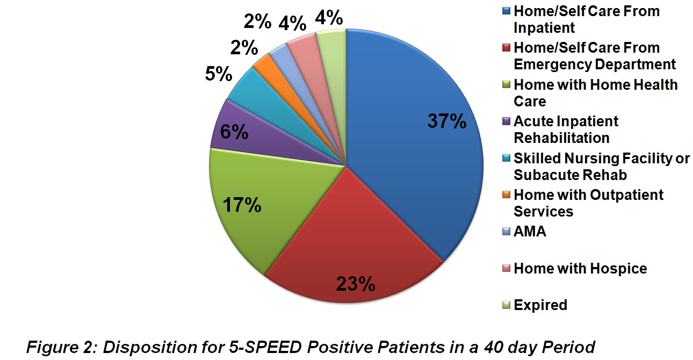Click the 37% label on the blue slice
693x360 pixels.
447,121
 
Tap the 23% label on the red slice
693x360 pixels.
356,284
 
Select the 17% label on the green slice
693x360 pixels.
242,205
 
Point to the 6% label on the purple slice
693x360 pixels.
234,132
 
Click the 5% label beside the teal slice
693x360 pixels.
219,74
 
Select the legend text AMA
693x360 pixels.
530,232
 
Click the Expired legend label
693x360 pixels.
540,305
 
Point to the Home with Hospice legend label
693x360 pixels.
580,269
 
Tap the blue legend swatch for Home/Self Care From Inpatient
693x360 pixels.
506,11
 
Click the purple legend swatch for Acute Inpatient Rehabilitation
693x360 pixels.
506,121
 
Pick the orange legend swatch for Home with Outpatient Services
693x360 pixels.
506,195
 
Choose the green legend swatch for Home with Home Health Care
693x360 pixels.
506,84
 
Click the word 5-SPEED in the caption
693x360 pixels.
265,347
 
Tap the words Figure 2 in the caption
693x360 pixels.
62,348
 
